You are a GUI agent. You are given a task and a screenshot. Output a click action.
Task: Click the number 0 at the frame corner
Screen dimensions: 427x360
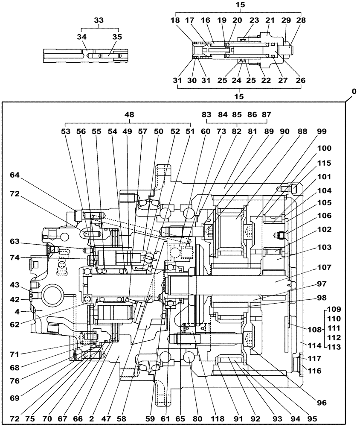coord(354,92)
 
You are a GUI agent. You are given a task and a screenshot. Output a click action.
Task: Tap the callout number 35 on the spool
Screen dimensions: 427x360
coord(116,37)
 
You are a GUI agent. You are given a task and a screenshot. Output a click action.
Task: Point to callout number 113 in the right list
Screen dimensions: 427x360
coord(334,347)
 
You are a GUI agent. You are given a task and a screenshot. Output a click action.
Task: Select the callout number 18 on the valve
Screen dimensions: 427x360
coord(176,20)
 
